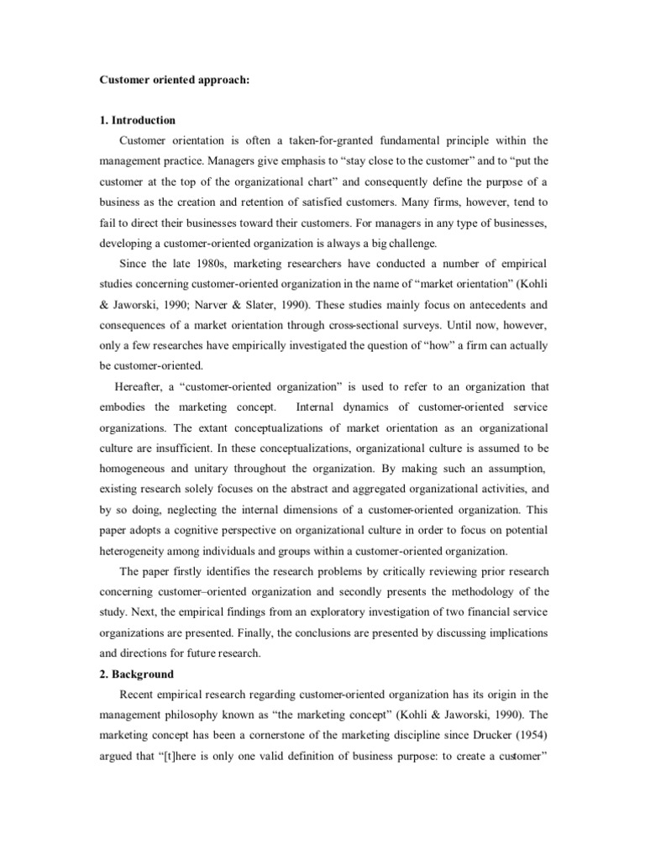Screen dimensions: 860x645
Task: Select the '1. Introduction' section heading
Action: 137,120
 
